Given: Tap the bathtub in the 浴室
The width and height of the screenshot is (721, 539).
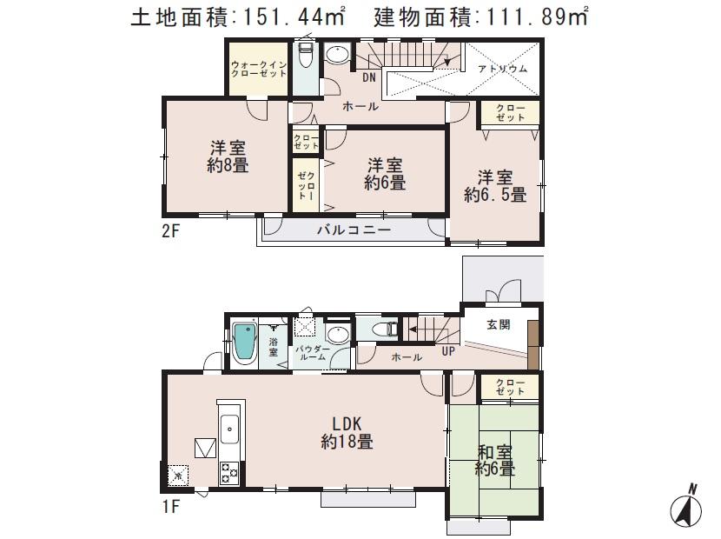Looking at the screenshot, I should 246,347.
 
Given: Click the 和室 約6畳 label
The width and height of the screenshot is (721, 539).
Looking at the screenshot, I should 494,461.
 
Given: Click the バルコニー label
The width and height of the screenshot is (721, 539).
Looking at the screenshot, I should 353,230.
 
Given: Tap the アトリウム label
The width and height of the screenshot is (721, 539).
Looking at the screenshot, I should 503,69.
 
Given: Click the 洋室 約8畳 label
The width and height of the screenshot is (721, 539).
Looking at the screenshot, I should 228,156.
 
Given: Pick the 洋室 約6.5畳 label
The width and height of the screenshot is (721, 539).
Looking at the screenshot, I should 494,186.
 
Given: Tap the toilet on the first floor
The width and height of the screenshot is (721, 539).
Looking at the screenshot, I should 383,329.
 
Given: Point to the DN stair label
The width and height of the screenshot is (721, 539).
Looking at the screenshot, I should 369,77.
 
